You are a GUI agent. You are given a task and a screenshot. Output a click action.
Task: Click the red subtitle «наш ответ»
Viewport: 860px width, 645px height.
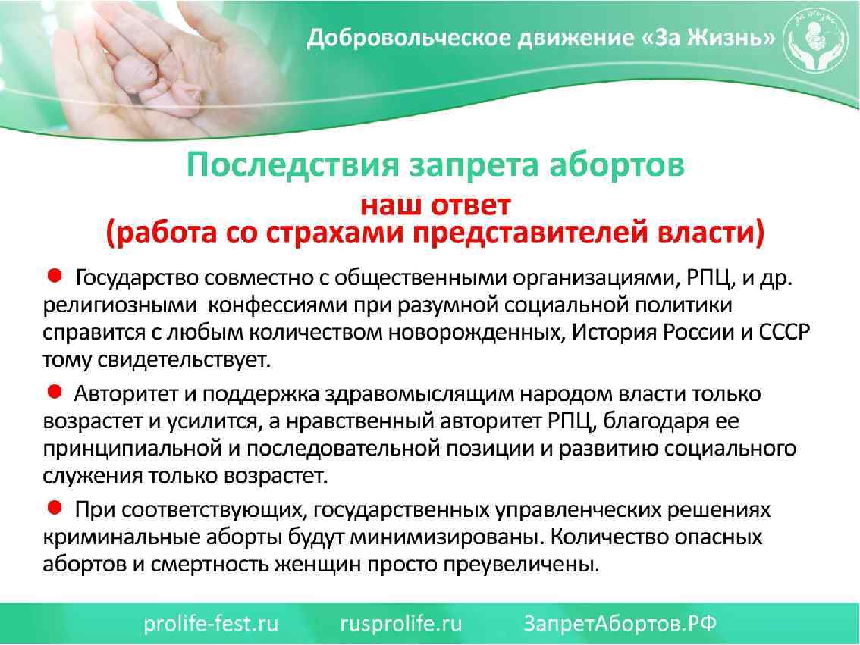click(435, 205)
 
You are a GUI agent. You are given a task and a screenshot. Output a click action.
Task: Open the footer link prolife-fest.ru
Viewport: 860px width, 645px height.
click(211, 623)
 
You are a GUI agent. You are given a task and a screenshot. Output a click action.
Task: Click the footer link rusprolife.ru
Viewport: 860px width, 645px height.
click(400, 623)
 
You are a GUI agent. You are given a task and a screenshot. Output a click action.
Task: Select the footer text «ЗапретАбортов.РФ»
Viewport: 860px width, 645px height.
click(620, 623)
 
